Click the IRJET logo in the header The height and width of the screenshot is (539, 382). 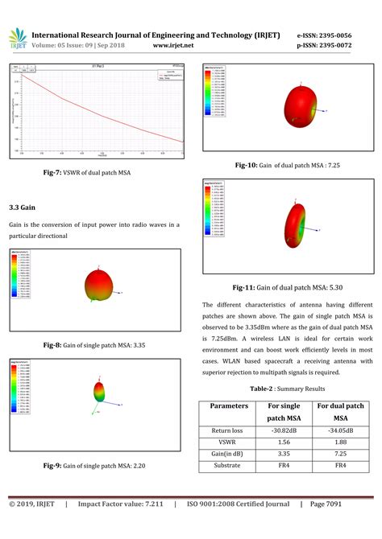(x=15, y=41)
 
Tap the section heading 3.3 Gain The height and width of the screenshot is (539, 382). (x=22, y=207)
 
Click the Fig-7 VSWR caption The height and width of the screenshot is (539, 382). (x=87, y=172)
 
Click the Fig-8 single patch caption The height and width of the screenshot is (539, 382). (x=93, y=344)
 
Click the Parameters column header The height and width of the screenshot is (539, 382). (x=229, y=406)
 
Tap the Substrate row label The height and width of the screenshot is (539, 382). (x=229, y=466)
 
